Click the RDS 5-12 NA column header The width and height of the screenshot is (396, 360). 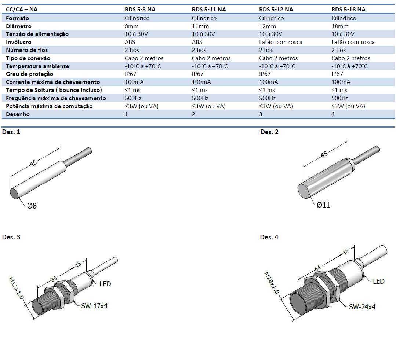coord(276,9)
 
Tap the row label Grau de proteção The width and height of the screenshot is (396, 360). coord(30,74)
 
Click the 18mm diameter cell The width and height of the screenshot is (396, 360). coord(339,26)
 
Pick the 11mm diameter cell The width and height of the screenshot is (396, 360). coord(200,26)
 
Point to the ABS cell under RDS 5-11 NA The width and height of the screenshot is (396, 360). coord(197,42)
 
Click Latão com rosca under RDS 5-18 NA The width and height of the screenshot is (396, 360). coord(353,42)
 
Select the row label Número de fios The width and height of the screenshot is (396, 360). coord(27,50)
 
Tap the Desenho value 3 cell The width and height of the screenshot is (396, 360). coord(261,114)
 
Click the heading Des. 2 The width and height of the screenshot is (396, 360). coord(269,132)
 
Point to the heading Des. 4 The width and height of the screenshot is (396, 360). coord(269,237)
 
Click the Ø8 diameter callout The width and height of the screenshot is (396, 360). coord(32,206)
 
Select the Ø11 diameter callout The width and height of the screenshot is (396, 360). coord(323,205)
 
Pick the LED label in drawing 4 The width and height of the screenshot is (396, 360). coord(378,281)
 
